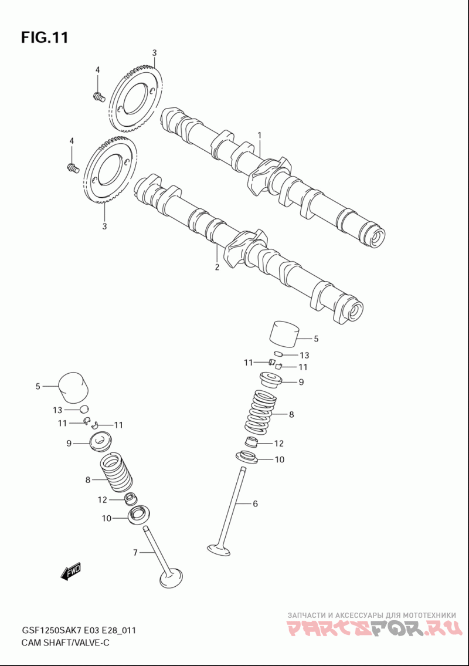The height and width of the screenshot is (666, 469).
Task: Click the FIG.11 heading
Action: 45,38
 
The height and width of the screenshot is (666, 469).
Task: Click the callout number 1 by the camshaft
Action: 259,135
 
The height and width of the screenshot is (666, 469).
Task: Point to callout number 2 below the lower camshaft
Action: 217,267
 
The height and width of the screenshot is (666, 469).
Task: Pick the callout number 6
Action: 255,503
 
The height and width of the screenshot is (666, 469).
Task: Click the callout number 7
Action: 135,553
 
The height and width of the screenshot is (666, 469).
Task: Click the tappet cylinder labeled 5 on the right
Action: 284,337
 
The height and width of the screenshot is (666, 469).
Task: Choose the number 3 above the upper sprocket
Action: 155,53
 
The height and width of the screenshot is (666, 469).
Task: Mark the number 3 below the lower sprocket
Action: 104,226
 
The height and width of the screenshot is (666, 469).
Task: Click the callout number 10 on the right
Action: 279,459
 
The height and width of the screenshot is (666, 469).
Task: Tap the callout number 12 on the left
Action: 102,500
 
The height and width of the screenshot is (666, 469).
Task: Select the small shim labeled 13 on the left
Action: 84,410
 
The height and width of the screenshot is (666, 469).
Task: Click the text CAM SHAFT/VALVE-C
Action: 65,643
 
